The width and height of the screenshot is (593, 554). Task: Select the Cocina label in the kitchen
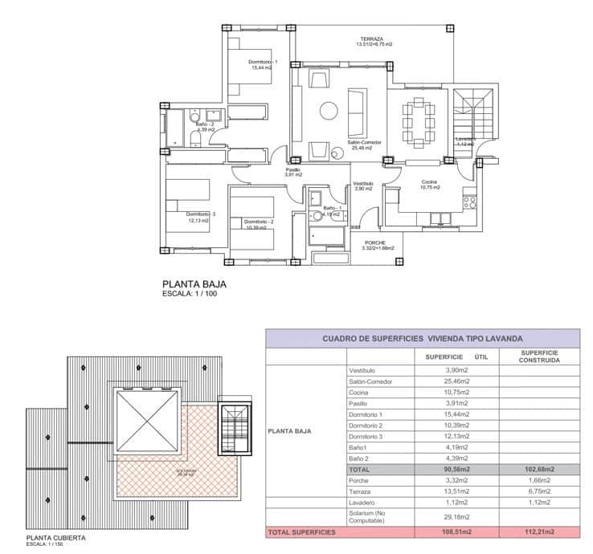(x=430, y=182)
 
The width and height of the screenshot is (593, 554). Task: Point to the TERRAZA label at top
(x=371, y=39)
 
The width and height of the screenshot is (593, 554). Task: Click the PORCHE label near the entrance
(x=375, y=242)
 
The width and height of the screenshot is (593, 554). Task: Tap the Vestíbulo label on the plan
(x=363, y=184)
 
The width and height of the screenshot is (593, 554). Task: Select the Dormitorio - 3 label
(x=202, y=214)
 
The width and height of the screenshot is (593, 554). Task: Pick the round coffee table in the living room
(x=328, y=111)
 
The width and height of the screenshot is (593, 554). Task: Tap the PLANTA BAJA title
(x=194, y=283)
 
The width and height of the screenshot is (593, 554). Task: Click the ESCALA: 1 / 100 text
(x=190, y=294)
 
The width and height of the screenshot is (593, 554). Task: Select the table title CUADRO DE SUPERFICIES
(x=422, y=339)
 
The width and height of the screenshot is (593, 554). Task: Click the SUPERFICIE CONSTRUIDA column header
(x=539, y=356)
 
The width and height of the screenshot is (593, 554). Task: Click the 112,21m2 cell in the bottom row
(x=539, y=532)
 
